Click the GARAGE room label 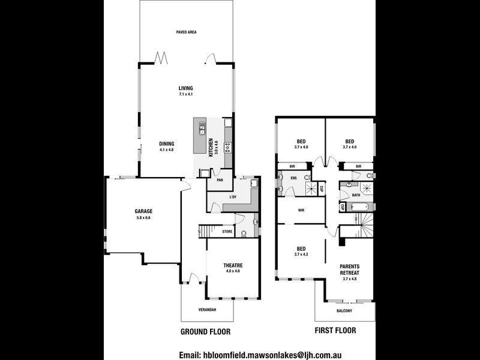click(x=144, y=211)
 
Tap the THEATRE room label click(x=233, y=265)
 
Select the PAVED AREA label click(x=186, y=32)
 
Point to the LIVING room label click(x=185, y=88)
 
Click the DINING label click(x=167, y=143)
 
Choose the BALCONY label click(x=344, y=310)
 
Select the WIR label click(x=302, y=211)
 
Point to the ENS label click(x=294, y=178)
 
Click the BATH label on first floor click(x=356, y=194)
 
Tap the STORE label click(x=227, y=230)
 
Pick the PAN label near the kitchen click(x=220, y=179)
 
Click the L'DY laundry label click(x=233, y=197)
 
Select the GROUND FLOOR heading click(x=205, y=331)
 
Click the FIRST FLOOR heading click(x=335, y=331)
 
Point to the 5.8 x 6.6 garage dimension click(x=144, y=217)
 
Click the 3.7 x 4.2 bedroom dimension click(x=302, y=255)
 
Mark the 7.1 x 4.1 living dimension click(x=185, y=94)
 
